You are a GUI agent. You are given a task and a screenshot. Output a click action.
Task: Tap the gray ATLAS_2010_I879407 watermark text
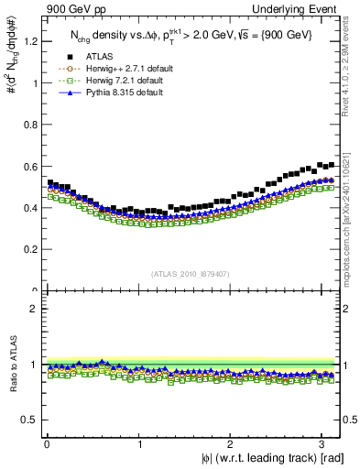click(x=191, y=273)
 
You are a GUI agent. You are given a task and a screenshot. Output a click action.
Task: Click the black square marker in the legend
click(x=57, y=57)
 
